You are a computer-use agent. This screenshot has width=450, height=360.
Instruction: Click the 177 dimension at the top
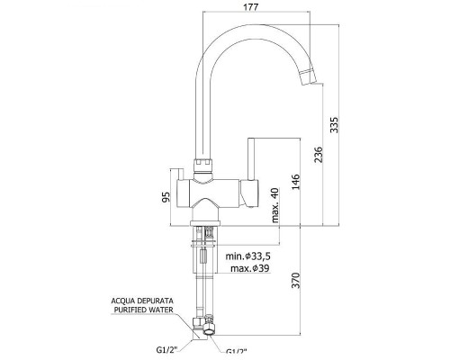251,7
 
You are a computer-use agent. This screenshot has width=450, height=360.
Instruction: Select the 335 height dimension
334,125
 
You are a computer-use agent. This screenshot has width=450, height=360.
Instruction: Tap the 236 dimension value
319,155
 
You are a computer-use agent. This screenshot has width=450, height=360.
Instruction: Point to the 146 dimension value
295,182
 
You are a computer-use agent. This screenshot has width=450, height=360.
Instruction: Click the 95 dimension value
166,197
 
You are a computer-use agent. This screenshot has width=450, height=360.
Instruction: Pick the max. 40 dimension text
275,205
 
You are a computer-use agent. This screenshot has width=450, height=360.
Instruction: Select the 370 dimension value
296,280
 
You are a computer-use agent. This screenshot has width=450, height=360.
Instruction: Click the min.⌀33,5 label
248,256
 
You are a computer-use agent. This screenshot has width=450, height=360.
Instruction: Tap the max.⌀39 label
250,268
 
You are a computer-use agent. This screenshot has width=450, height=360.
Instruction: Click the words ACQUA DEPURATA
142,301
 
